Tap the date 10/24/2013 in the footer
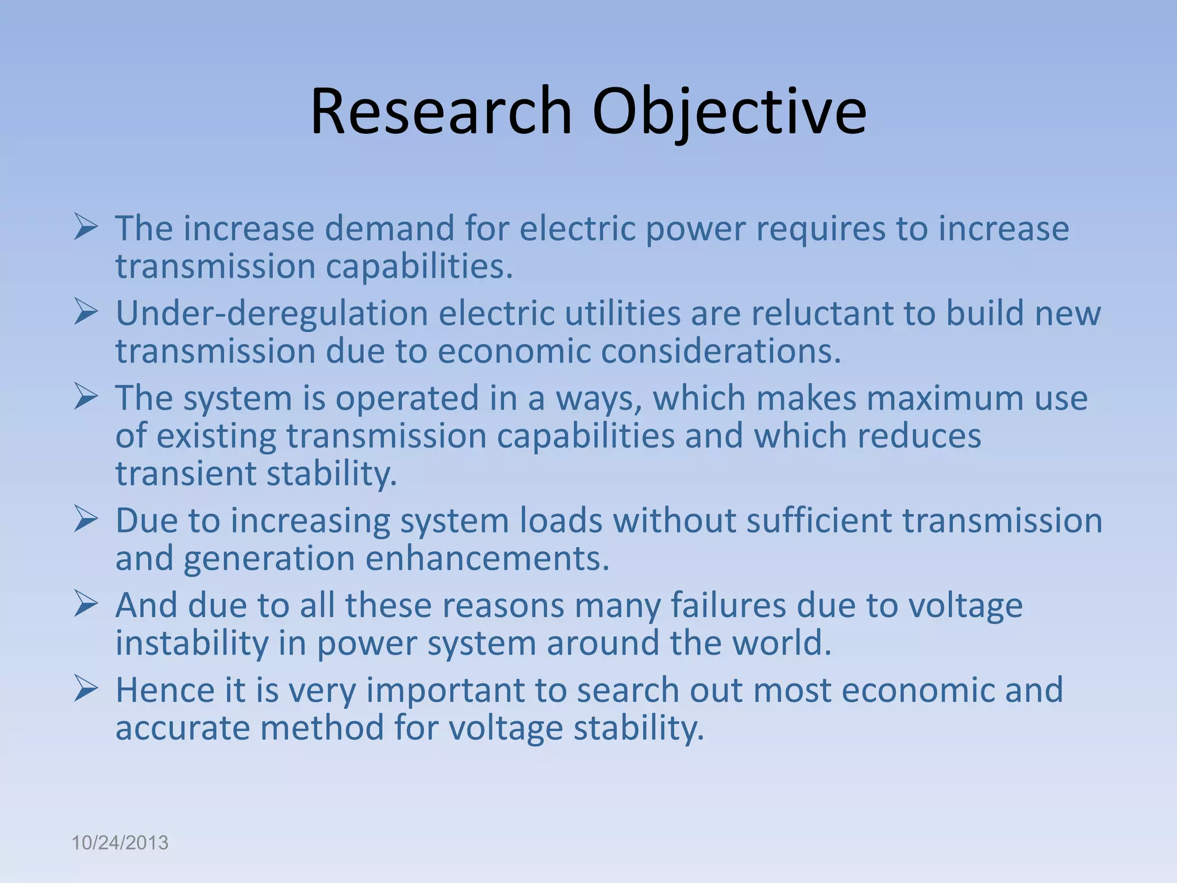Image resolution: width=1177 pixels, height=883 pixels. coord(120,843)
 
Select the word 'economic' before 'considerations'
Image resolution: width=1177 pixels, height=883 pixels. coord(514,351)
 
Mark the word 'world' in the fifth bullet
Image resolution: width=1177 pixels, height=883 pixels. coord(779,643)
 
